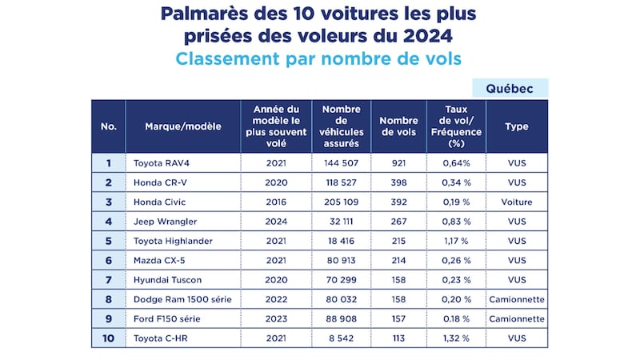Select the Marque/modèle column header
(182, 126)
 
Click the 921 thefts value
(399, 163)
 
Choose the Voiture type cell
(517, 202)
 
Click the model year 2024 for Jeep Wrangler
(275, 222)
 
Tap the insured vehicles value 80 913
(342, 260)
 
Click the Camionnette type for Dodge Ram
(517, 299)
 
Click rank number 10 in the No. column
(108, 338)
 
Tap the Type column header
(517, 126)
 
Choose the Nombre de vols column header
(399, 126)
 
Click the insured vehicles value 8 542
(342, 338)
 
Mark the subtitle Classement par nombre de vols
(319, 58)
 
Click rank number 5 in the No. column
(108, 241)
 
